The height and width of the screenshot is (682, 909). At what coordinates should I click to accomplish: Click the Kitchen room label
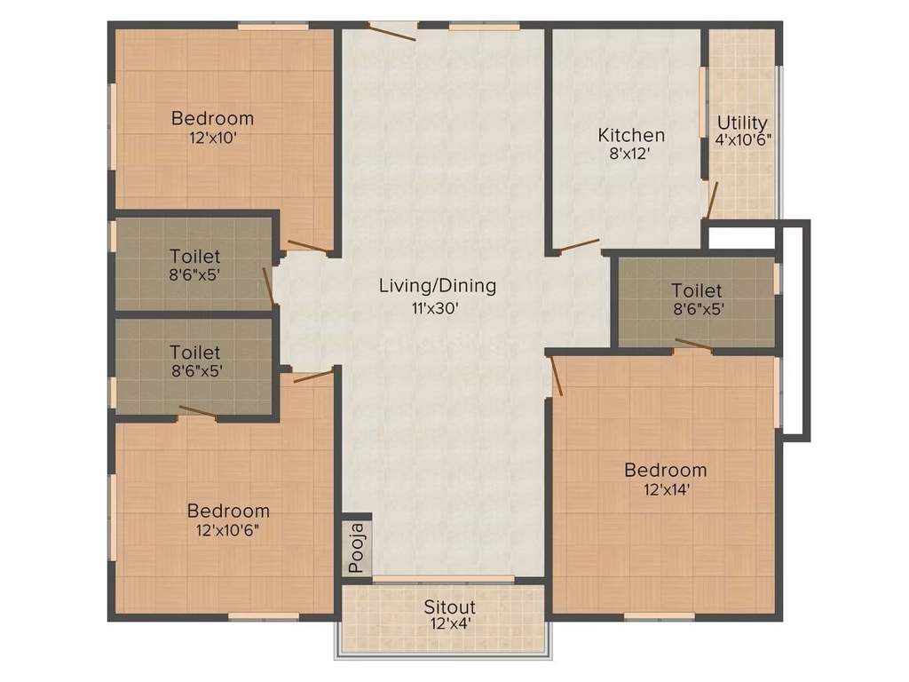pyautogui.click(x=631, y=136)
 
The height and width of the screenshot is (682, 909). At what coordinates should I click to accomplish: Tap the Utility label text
pyautogui.click(x=742, y=123)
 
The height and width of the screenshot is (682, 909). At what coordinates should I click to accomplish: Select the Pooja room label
pyautogui.click(x=357, y=548)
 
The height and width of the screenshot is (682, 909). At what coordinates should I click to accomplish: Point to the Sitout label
pyautogui.click(x=449, y=607)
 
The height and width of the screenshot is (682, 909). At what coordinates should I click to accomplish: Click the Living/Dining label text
pyautogui.click(x=438, y=286)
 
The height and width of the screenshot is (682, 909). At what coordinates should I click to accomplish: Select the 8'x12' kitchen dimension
pyautogui.click(x=631, y=153)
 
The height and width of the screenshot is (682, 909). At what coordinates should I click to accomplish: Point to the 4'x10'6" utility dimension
pyautogui.click(x=743, y=139)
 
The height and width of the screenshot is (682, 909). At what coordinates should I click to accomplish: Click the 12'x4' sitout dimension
pyautogui.click(x=449, y=623)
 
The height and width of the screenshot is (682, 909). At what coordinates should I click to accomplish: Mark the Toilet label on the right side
pyautogui.click(x=697, y=290)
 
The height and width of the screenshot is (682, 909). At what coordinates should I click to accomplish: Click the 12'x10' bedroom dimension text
pyautogui.click(x=212, y=138)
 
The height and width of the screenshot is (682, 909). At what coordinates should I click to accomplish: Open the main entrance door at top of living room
pyautogui.click(x=392, y=33)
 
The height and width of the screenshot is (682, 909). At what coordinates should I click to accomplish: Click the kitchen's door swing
pyautogui.click(x=576, y=242)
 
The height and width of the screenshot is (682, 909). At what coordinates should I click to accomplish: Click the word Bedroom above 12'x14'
pyautogui.click(x=665, y=470)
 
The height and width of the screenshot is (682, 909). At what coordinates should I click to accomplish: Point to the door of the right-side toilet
pyautogui.click(x=692, y=345)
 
